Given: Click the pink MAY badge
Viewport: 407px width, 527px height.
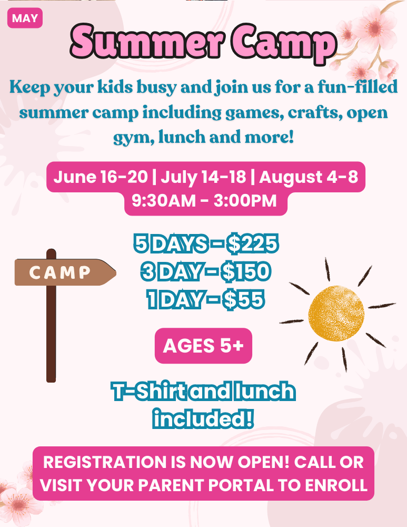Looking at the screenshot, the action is [x=25, y=18].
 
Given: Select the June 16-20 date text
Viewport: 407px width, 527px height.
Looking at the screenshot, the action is [x=101, y=177].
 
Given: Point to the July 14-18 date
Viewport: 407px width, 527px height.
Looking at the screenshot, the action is [x=203, y=177].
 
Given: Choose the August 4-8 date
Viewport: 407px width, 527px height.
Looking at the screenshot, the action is [x=309, y=177].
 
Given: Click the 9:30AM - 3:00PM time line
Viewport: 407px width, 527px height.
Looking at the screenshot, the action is [x=204, y=201].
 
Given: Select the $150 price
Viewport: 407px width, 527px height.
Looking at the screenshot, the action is [x=246, y=271].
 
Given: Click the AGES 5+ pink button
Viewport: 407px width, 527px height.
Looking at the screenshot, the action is [x=203, y=346].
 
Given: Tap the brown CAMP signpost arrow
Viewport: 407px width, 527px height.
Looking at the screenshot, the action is [x=65, y=272].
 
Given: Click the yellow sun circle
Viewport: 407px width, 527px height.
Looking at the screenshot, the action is [x=336, y=313].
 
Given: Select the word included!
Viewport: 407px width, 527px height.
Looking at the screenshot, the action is [x=203, y=418].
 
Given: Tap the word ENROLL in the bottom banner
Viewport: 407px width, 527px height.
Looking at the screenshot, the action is [x=336, y=485].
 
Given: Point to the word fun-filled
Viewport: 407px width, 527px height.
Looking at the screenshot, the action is [x=358, y=87].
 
